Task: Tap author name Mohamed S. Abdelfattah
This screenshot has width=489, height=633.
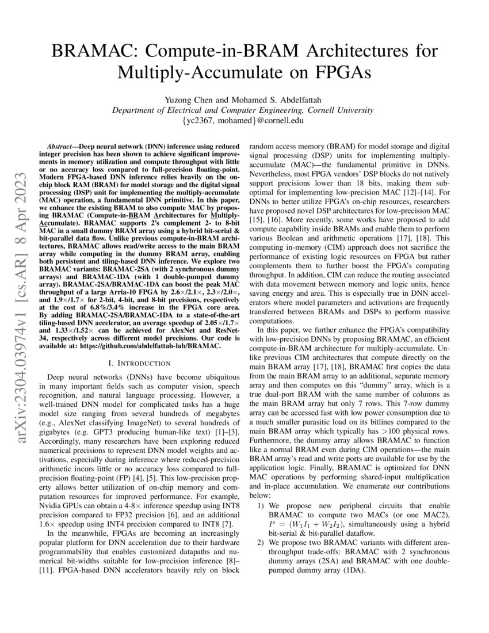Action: (x=276, y=100)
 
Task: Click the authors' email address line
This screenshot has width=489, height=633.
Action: (x=244, y=121)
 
